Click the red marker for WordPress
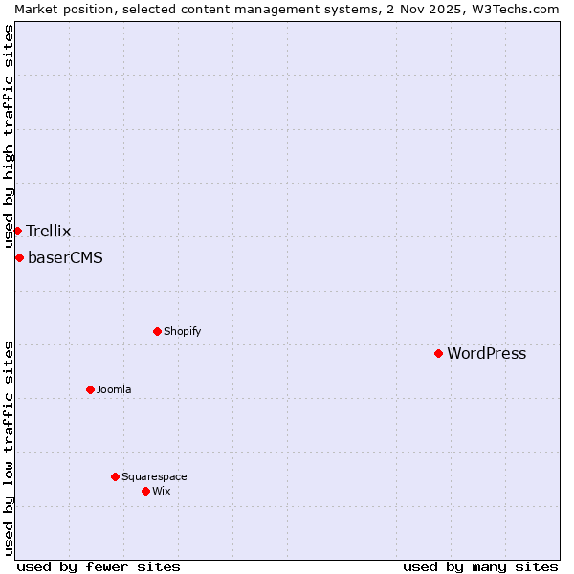click(x=438, y=353)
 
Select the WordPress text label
click(x=486, y=353)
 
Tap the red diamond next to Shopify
click(x=157, y=331)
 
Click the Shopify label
click(x=182, y=331)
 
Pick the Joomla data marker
click(x=90, y=389)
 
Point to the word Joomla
click(x=114, y=389)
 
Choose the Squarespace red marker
click(x=115, y=476)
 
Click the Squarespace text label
click(x=154, y=476)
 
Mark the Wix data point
click(x=145, y=491)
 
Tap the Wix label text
click(x=161, y=491)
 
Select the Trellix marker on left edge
click(x=17, y=231)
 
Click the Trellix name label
click(x=48, y=231)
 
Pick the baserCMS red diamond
click(x=19, y=257)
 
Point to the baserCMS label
click(x=65, y=257)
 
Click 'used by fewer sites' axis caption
click(x=99, y=566)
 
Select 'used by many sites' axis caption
click(x=480, y=566)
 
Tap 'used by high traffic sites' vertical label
click(x=9, y=136)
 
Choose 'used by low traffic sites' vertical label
click(x=9, y=448)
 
